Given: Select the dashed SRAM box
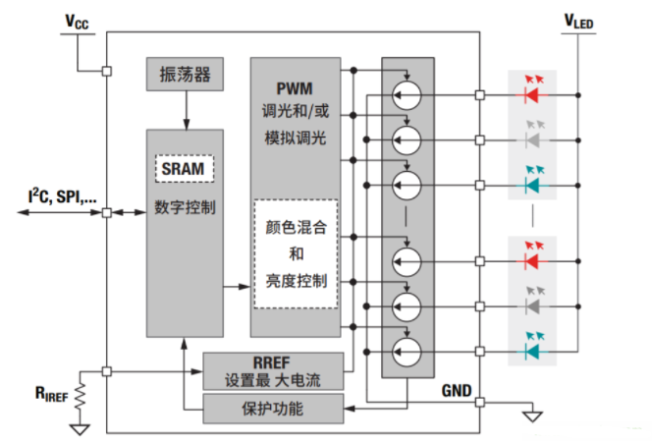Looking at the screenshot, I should pos(185,169).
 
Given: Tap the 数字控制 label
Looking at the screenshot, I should pos(185,208).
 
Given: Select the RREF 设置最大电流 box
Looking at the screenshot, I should pos(273,370).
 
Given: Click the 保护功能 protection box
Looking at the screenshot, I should pos(273,407).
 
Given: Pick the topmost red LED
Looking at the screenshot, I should pos(531,95).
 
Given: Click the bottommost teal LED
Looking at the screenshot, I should pos(531,349).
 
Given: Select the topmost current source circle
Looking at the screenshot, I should pos(407,95).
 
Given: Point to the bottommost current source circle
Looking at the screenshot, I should pos(407,349).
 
